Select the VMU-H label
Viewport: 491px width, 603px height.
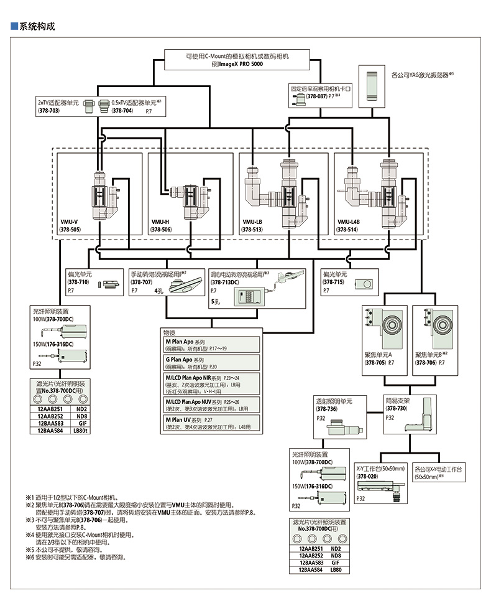[x=160, y=222]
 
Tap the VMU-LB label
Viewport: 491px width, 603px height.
[x=252, y=222]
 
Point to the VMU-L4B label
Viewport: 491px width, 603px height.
[x=349, y=222]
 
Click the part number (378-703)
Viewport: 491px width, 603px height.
[x=50, y=110]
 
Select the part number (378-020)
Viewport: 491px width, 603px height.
[x=367, y=476]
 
